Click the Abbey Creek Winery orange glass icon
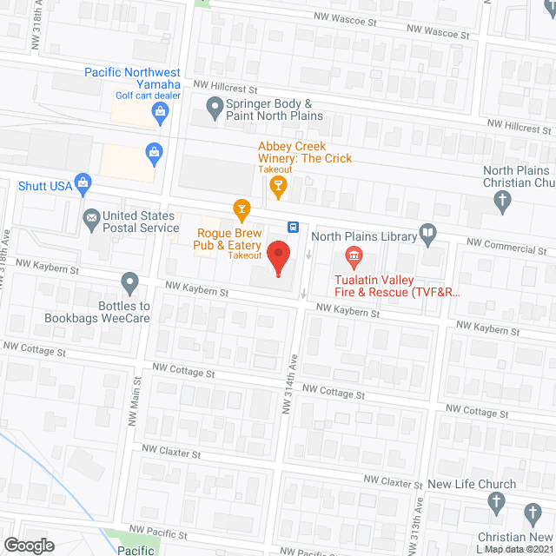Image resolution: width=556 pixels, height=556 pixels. (x=277, y=184)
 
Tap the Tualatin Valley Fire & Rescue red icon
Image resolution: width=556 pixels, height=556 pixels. (x=354, y=255)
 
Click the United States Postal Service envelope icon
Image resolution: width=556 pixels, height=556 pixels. (x=90, y=217)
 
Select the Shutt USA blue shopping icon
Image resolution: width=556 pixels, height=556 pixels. (x=83, y=182)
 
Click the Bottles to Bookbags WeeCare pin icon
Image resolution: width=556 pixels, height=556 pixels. (x=129, y=281)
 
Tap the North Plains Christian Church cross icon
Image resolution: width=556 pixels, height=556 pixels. (x=501, y=202)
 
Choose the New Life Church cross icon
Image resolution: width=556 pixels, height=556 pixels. (x=496, y=501)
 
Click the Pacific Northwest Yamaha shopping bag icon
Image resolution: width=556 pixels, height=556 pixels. (x=159, y=110)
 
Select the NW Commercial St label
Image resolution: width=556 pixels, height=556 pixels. (x=505, y=247)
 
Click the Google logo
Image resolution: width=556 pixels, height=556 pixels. (x=30, y=545)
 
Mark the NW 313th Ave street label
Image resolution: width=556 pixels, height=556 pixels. (x=419, y=521)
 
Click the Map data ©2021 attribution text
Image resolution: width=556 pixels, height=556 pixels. (x=519, y=549)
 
